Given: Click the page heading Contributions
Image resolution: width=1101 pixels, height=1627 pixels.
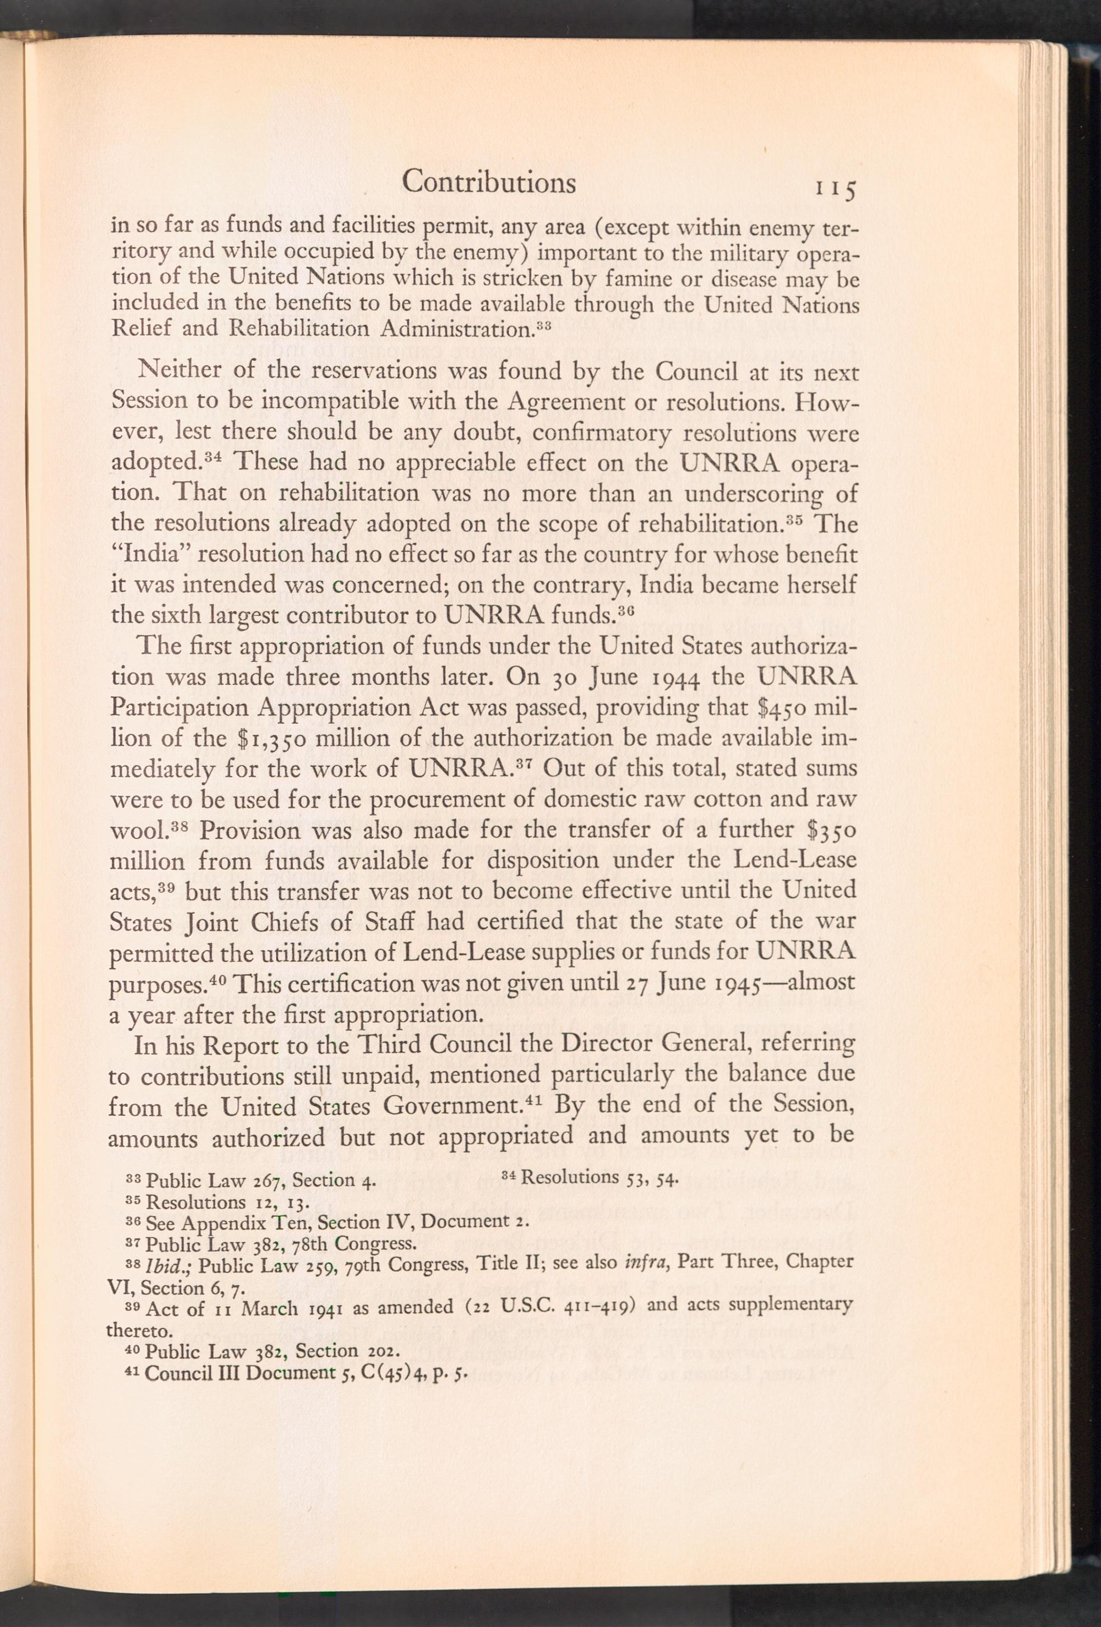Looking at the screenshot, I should (x=489, y=182).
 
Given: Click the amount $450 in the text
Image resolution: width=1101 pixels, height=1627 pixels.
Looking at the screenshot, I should (x=789, y=707).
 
